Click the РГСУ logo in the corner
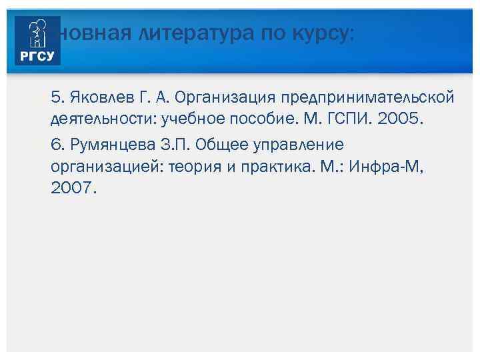click(x=39, y=41)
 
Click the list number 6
click(x=56, y=145)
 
